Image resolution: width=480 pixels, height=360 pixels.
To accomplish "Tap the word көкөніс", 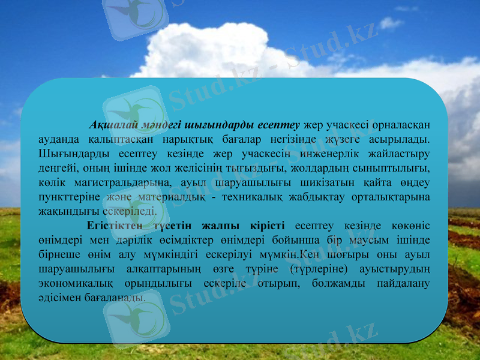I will point(407,226).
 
